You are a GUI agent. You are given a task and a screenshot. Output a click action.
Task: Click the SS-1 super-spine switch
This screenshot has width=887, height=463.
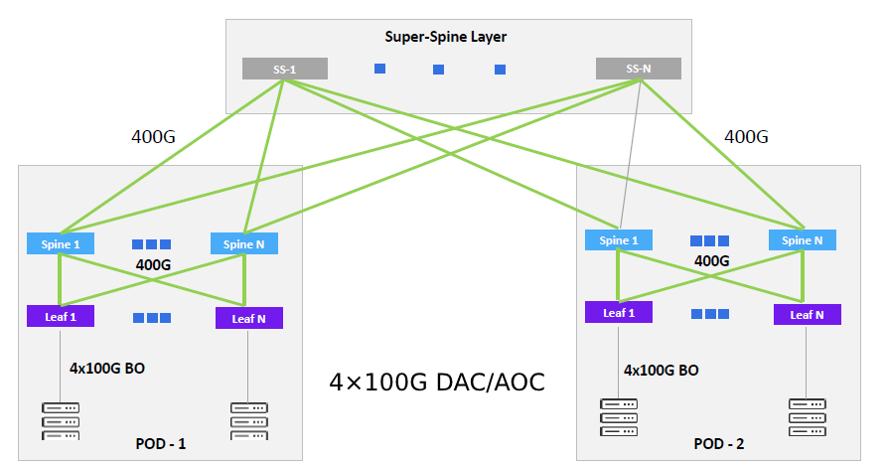coord(284,69)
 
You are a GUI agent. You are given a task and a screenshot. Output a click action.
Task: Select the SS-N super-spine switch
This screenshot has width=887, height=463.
coord(638,69)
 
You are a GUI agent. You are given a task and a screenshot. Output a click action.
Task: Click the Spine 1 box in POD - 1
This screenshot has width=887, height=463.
coord(61,243)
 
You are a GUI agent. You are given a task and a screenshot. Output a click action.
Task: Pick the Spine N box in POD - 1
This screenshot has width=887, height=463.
coord(244,243)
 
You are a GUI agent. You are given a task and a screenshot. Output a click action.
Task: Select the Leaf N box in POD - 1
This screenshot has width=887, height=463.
coord(248,318)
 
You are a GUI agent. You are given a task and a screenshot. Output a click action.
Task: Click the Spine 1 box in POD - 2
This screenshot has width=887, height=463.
coord(619,239)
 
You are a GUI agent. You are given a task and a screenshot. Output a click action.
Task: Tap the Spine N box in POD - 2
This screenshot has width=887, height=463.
coord(803,239)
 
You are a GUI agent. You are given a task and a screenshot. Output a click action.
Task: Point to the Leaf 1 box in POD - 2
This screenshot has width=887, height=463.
coord(619,312)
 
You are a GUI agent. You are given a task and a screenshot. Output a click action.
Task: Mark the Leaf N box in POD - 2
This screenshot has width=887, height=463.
coord(808,314)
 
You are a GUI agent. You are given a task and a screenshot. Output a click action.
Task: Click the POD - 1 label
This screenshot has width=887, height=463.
coord(160,443)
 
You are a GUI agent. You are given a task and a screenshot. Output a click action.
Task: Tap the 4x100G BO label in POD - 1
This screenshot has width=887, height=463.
coord(107,367)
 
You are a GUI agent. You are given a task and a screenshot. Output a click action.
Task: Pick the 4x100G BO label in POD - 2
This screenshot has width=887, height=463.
coord(661,370)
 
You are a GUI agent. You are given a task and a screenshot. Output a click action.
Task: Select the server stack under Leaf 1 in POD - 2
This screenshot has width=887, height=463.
coord(619,417)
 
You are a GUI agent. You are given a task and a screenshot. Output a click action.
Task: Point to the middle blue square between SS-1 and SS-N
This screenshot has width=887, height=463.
coord(438,70)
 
